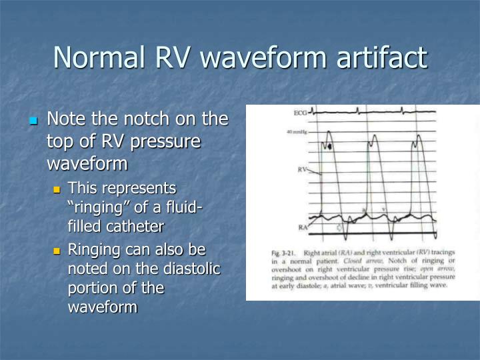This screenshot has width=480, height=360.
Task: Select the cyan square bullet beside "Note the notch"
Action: click(33, 121)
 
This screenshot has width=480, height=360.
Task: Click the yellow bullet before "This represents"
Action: click(57, 189)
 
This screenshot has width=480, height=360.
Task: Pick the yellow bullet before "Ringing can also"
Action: click(57, 251)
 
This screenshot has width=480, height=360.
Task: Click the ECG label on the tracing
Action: click(300, 114)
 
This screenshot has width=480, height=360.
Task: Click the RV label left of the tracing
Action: click(303, 169)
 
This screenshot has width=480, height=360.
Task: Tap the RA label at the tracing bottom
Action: click(303, 228)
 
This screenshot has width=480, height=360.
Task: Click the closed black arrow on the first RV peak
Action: click(329, 145)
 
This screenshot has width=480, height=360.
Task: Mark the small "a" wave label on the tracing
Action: click(363, 210)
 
